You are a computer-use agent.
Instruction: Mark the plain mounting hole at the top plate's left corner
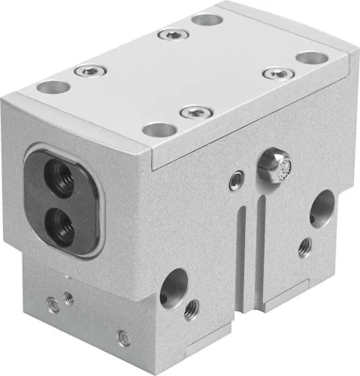[52, 87]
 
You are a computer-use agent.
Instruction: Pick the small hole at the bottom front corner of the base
[124, 338]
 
